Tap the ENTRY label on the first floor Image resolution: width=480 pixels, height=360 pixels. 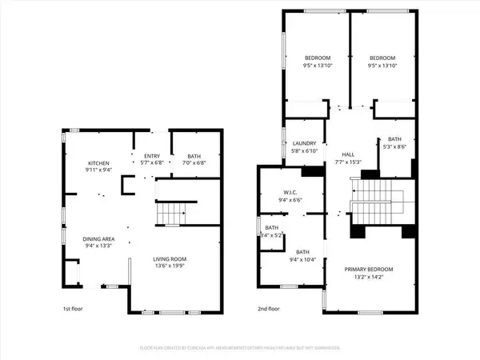(x=152, y=157)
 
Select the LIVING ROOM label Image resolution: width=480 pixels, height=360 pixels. (x=170, y=259)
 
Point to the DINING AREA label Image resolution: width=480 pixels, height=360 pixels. (x=99, y=238)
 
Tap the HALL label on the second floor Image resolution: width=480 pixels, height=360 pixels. (x=348, y=154)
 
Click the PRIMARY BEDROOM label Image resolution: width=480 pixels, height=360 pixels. (x=369, y=269)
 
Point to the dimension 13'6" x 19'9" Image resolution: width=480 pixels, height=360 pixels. (x=170, y=266)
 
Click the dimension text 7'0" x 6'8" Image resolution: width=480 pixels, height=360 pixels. (x=194, y=164)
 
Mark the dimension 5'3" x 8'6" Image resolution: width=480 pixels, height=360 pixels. (x=395, y=146)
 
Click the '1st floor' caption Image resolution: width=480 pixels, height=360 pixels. (x=72, y=309)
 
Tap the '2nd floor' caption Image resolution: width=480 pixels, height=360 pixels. (x=268, y=309)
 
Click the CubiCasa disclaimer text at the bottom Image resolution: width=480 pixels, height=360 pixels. (x=239, y=348)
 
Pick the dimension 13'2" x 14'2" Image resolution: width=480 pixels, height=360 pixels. (x=369, y=277)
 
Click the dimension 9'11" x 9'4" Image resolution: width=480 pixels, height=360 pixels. (x=99, y=168)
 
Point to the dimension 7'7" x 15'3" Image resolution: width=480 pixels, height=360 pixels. (x=348, y=162)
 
